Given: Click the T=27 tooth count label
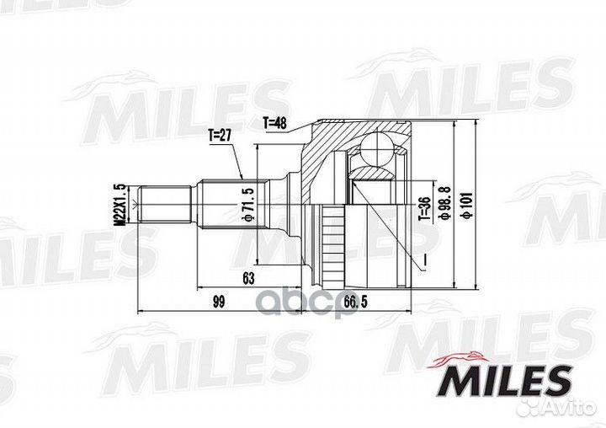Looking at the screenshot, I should point(221,133).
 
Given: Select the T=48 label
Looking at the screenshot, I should point(275,123).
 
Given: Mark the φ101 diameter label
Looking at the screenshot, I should point(466,203).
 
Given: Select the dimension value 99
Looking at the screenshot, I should point(219,302).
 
